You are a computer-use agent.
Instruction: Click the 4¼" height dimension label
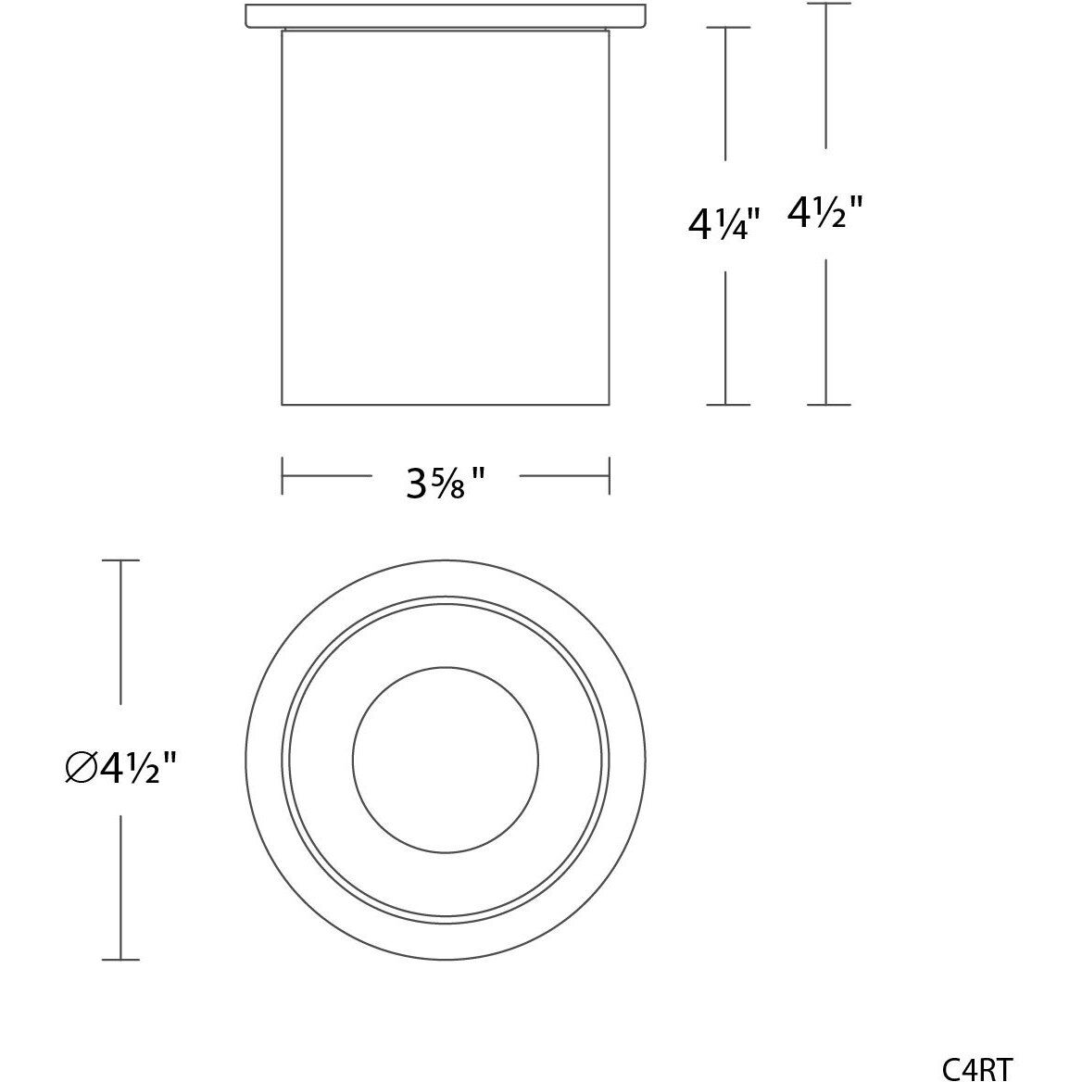(723, 223)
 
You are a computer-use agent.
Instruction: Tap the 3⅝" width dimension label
(446, 482)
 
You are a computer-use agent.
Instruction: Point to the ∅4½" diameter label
(121, 768)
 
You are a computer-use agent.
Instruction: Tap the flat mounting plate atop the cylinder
(446, 16)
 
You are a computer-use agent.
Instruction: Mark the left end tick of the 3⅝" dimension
(283, 475)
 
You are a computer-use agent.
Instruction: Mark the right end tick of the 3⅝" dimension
(609, 475)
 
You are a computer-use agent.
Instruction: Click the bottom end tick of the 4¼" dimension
(727, 405)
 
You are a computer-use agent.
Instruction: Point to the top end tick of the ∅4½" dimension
(120, 560)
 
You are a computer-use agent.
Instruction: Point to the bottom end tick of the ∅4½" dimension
(120, 960)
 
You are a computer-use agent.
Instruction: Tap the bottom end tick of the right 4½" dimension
(828, 405)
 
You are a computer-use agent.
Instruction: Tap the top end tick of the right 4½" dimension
(828, 5)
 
